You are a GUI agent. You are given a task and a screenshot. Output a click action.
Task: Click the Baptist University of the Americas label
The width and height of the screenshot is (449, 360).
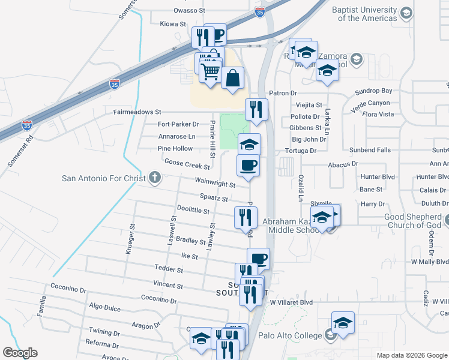[x=367, y=14]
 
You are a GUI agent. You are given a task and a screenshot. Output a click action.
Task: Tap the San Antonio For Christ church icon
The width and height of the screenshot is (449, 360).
[x=155, y=178]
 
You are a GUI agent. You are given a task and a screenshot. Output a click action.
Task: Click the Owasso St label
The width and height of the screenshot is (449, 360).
[x=189, y=11]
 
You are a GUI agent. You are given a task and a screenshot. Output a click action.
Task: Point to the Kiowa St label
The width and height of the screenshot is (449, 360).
[x=173, y=24]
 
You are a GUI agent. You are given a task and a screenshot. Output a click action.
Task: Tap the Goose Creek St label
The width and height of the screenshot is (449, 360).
[x=187, y=163]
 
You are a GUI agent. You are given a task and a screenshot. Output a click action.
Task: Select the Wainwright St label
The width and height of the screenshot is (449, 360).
[x=214, y=182]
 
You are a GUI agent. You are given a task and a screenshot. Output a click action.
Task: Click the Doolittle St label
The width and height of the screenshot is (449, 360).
[x=193, y=211]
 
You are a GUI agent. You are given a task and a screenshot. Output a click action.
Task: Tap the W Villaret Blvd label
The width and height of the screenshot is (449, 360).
[x=292, y=302]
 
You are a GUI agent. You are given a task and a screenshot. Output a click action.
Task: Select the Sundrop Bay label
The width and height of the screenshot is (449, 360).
[x=373, y=91]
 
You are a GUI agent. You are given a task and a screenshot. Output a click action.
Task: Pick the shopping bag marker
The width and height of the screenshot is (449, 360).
[x=232, y=78]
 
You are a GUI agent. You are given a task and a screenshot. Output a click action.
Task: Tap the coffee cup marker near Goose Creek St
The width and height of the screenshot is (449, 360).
[x=249, y=164]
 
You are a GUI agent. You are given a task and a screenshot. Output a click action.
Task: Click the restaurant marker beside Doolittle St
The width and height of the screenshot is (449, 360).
[x=245, y=217]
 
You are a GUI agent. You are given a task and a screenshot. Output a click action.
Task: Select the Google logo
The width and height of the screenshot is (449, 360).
[x=20, y=352]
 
